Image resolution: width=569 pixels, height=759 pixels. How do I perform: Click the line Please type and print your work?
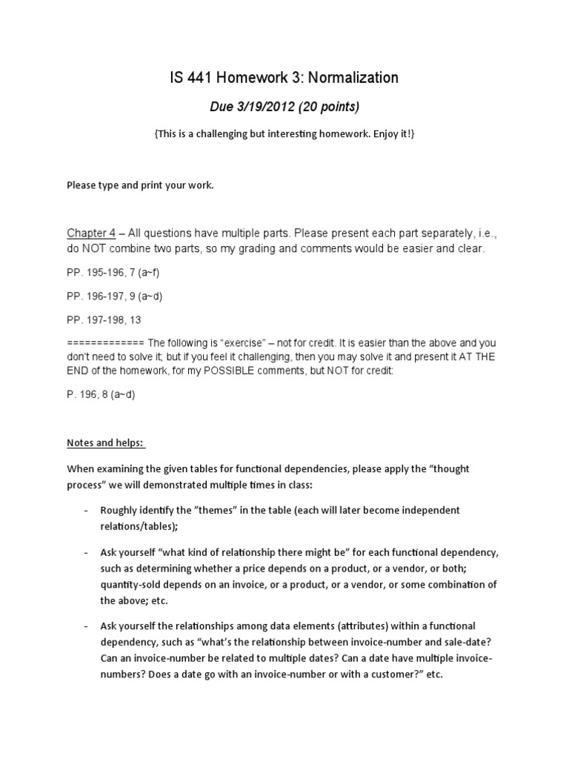click(x=140, y=185)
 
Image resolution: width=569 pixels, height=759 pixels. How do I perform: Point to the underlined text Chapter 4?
click(x=86, y=233)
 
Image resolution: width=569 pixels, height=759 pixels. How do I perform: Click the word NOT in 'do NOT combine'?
click(x=95, y=249)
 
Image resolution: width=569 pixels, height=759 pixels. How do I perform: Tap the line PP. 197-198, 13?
click(x=104, y=320)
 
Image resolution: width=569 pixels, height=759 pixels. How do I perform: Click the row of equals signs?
click(x=104, y=344)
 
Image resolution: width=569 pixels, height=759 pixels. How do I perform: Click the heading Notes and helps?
click(x=106, y=443)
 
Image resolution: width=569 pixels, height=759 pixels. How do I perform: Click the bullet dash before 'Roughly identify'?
click(x=86, y=511)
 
